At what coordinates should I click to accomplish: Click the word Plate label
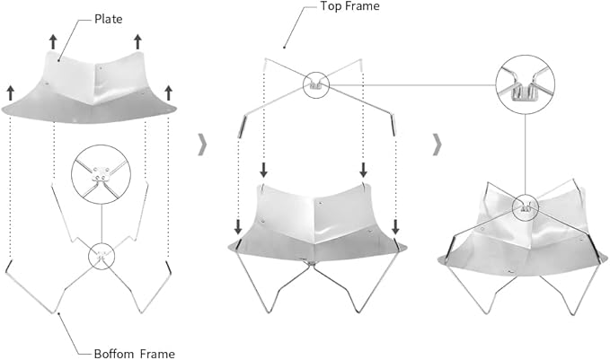(x=108, y=19)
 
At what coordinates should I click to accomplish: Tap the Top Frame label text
(x=349, y=5)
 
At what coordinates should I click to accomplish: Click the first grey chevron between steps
(x=202, y=145)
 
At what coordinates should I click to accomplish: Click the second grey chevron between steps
(x=438, y=145)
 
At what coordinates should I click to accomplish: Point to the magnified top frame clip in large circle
(x=526, y=84)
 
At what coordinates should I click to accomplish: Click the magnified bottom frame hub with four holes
(x=102, y=174)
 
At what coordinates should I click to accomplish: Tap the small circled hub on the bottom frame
(x=102, y=256)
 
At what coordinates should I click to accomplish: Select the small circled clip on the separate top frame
(x=316, y=84)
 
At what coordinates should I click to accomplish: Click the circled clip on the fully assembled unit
(x=526, y=206)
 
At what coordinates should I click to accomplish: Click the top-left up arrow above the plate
(x=53, y=41)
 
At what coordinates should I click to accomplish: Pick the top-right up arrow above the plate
(x=137, y=41)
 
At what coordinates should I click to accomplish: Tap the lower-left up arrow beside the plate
(x=11, y=93)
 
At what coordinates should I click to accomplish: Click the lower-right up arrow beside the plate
(x=168, y=93)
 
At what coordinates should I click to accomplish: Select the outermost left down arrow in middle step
(x=238, y=226)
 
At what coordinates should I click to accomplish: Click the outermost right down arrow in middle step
(x=395, y=226)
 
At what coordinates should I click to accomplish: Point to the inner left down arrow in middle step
(x=264, y=170)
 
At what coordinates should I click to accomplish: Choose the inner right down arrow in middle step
(x=363, y=170)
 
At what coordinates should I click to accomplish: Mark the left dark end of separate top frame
(x=242, y=127)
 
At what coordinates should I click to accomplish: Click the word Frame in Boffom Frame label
(x=157, y=354)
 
